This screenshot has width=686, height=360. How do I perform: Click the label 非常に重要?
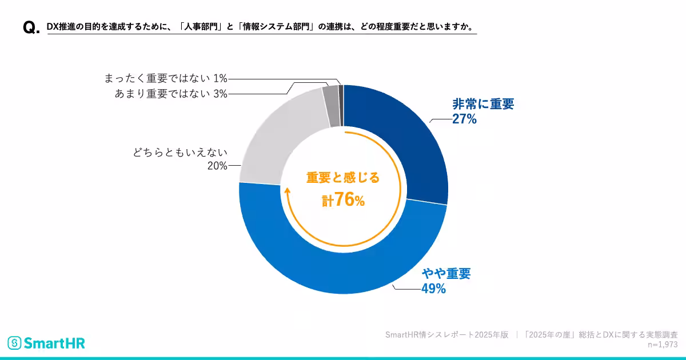tap(483, 105)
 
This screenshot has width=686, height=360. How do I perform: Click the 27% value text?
tap(464, 119)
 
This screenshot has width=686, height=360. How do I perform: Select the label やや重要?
tap(446, 274)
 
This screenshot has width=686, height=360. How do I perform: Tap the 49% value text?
tap(433, 289)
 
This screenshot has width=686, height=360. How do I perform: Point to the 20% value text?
tap(217, 166)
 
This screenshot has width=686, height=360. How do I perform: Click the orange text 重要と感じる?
tap(343, 178)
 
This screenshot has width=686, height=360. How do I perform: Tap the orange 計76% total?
tap(343, 199)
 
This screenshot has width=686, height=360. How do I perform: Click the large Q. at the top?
tap(30, 29)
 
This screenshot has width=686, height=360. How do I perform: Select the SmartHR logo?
tap(46, 343)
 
